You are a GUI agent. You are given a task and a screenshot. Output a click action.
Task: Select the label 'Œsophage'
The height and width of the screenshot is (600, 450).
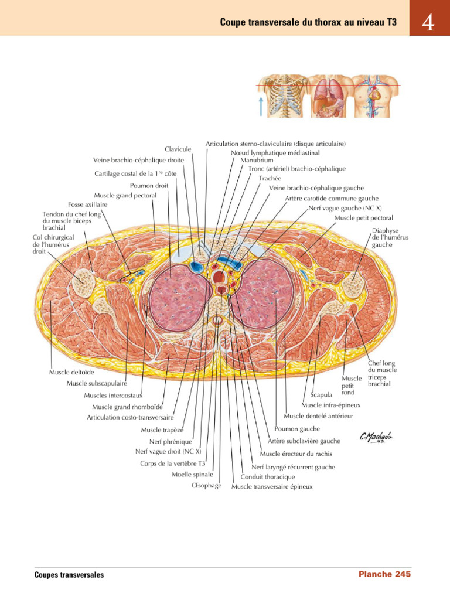[x=206, y=486]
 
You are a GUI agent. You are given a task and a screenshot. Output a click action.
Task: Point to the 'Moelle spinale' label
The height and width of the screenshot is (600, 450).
[x=192, y=475]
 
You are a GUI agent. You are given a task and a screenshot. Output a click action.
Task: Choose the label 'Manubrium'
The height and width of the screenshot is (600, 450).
[x=255, y=159]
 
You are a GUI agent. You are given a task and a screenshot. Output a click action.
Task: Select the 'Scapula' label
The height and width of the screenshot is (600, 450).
[x=322, y=395]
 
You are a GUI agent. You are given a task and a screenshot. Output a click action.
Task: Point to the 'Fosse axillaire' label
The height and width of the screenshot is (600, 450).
[x=88, y=204]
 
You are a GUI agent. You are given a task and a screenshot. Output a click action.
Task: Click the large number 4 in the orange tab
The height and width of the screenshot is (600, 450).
[x=428, y=23]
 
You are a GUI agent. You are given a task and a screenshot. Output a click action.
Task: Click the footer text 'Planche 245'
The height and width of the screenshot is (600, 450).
[x=384, y=575]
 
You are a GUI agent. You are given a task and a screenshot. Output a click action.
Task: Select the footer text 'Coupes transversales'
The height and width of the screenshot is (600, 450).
[x=69, y=575]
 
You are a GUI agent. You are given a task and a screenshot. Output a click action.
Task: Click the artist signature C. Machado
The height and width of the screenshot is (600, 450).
[x=376, y=437]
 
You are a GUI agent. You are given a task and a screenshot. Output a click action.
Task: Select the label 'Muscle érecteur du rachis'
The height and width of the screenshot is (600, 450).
[x=296, y=454]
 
